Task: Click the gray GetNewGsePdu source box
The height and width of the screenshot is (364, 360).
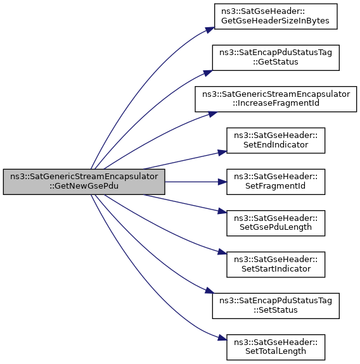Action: tap(84, 182)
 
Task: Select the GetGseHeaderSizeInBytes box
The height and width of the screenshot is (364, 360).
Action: tap(276, 16)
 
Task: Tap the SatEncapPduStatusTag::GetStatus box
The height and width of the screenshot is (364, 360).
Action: tap(276, 58)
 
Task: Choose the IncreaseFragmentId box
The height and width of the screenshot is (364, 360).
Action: tap(276, 99)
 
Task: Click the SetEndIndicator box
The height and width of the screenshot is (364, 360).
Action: tap(276, 141)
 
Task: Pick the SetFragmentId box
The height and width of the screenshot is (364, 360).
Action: tap(276, 182)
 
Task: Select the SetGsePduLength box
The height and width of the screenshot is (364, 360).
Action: tap(276, 223)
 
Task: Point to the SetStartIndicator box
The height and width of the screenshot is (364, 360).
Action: tap(276, 265)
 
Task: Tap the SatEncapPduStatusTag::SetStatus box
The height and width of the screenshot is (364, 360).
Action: tap(276, 306)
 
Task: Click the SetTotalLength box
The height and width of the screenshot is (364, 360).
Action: tap(276, 348)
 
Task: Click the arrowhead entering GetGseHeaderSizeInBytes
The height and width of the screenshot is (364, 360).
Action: tap(210, 30)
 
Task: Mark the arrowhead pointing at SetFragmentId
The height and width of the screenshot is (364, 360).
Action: tap(222, 182)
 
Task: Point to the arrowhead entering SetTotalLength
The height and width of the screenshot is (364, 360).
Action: tap(222, 338)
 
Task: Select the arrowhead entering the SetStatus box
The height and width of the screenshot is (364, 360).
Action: tap(209, 291)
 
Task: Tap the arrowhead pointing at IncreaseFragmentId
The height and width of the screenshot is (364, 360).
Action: tap(213, 114)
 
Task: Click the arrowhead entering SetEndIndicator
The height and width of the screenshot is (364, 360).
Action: tap(222, 153)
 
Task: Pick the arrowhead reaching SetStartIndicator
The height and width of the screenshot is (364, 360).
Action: tap(222, 252)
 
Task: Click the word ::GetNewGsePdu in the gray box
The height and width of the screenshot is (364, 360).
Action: tap(84, 186)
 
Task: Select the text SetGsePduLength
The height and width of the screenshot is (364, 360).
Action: tap(276, 227)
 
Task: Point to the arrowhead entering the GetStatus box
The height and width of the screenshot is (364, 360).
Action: tap(209, 73)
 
